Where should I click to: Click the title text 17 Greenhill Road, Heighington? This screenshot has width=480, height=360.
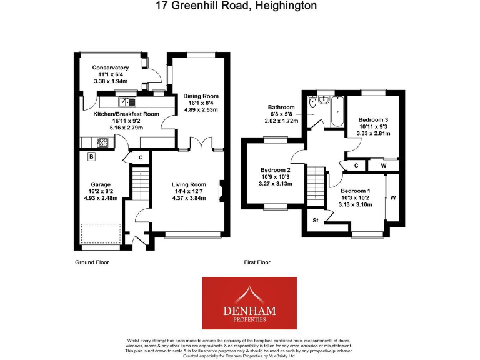236,6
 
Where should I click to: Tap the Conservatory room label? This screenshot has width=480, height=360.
111,67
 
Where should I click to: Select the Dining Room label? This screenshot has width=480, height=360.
201,96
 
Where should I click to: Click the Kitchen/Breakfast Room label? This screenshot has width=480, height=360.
126,114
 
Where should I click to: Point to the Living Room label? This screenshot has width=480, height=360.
189,184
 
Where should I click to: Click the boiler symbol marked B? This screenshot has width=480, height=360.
91,156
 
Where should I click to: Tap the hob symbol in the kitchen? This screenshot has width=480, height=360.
103,142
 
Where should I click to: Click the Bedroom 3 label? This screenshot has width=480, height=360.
373,119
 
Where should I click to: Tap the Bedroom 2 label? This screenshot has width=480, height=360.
276,170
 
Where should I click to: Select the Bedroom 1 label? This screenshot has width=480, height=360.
356,191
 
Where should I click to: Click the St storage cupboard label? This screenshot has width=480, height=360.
316,221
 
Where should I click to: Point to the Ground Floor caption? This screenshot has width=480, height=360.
92,262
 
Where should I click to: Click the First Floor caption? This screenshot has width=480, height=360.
257,262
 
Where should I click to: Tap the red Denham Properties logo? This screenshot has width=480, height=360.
250,303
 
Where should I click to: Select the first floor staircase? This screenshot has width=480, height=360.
319,182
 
